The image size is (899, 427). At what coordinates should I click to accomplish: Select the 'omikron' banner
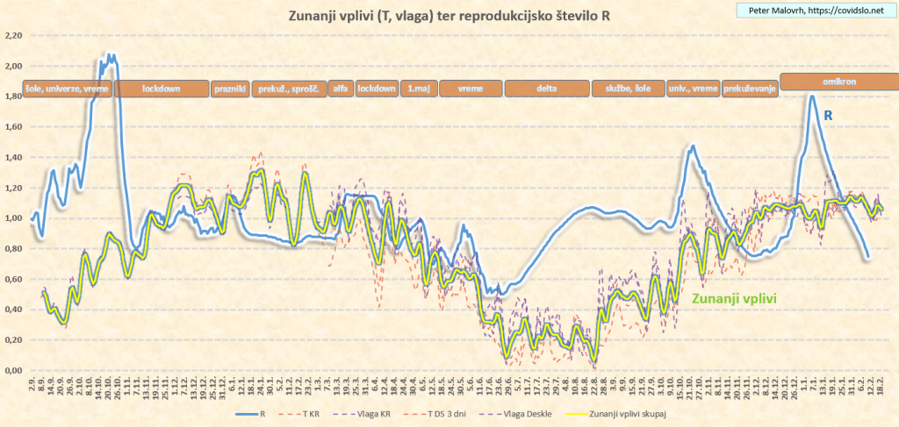click(x=839, y=80)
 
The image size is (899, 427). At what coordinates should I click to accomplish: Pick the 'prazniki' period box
click(x=230, y=89)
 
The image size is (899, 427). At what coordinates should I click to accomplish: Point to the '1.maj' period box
click(x=418, y=89)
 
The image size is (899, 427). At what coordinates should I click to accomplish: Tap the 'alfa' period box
click(x=341, y=89)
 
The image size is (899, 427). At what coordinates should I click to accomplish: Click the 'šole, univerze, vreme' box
click(x=67, y=89)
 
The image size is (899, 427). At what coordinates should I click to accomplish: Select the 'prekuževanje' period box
click(x=750, y=89)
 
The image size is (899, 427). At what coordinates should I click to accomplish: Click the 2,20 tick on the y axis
click(x=13, y=35)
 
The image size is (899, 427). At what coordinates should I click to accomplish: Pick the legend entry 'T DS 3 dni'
click(x=448, y=416)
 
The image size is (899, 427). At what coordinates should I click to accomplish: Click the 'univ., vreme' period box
click(x=694, y=89)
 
